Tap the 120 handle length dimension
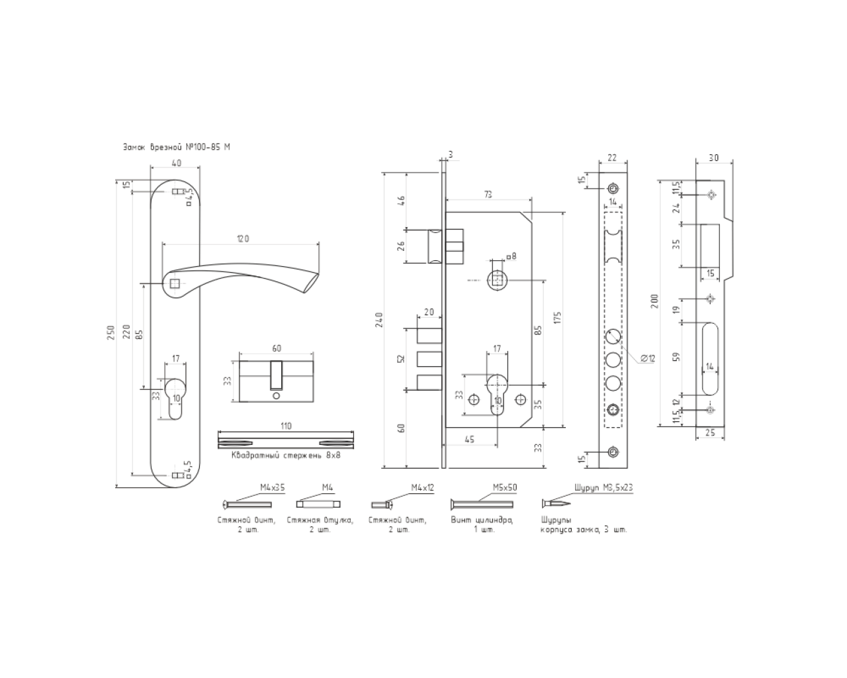(x=242, y=238)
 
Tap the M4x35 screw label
(x=268, y=487)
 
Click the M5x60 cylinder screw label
(x=504, y=487)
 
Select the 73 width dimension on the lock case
(x=488, y=194)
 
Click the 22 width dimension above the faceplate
(x=611, y=158)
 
